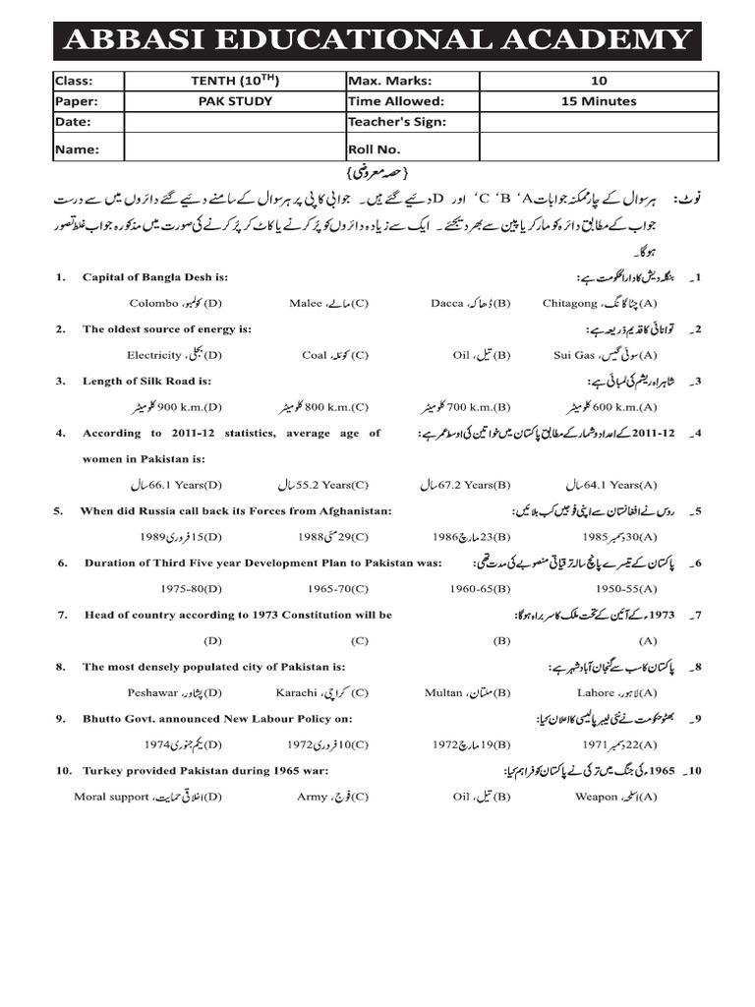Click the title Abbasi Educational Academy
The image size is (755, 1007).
(x=377, y=40)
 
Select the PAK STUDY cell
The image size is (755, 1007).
(x=234, y=101)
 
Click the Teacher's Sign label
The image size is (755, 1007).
(x=396, y=122)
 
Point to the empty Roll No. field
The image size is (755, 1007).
(x=598, y=149)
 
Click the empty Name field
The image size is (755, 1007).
(x=234, y=149)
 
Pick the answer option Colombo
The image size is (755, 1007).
(x=176, y=304)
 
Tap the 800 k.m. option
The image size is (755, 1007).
(x=323, y=406)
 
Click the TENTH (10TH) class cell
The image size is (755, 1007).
(x=234, y=81)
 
